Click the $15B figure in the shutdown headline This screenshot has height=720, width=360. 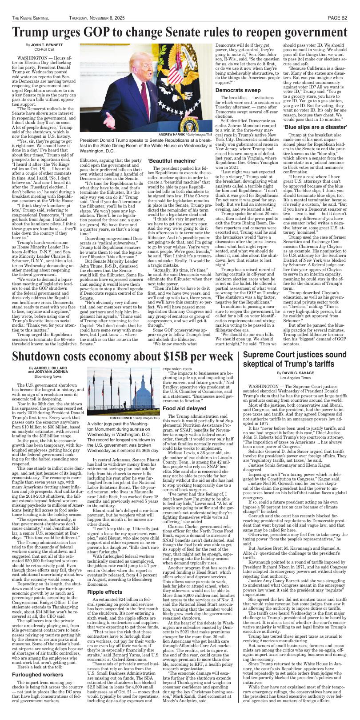click(x=178, y=356)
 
